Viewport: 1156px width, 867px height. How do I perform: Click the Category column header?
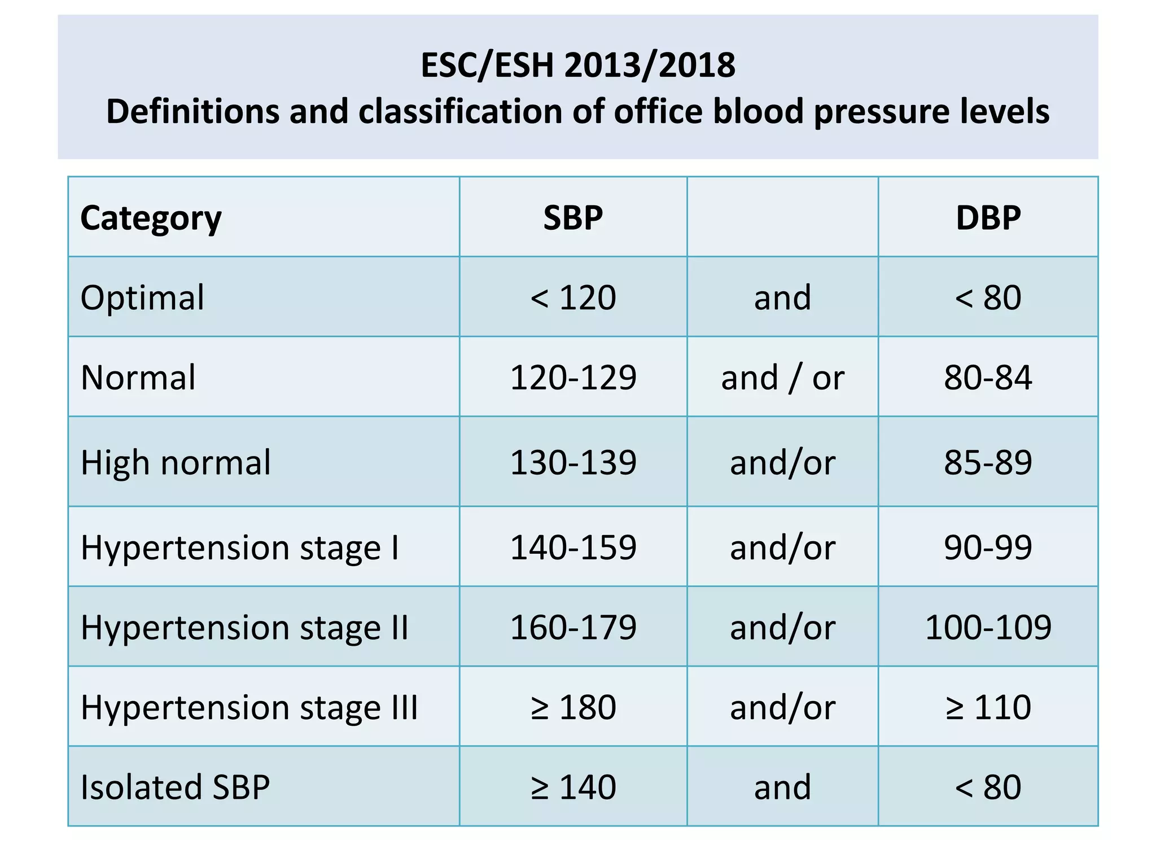[151, 218]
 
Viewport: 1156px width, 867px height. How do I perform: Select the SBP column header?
[573, 218]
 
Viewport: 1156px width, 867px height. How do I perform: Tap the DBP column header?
[988, 218]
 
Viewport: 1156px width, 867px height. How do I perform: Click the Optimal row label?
[142, 297]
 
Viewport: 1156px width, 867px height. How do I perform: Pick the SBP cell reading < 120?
[573, 297]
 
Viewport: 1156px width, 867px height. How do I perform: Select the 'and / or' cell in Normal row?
[782, 378]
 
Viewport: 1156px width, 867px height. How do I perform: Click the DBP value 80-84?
[988, 378]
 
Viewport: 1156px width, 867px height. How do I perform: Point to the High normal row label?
[176, 463]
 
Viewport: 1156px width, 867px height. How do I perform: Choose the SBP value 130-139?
[573, 463]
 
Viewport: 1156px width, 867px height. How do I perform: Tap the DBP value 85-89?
[988, 463]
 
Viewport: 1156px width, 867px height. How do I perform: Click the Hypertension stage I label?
[240, 548]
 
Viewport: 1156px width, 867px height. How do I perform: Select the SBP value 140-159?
[573, 548]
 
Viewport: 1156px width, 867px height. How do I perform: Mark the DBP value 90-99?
[988, 548]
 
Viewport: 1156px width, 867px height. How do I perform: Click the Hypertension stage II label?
[244, 628]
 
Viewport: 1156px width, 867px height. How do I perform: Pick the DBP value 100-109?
[988, 628]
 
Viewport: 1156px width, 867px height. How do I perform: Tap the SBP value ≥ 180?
[573, 707]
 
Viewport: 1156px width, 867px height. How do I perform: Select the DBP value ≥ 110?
[988, 707]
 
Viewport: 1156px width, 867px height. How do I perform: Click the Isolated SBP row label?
[175, 787]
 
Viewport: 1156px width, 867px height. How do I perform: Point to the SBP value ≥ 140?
[573, 787]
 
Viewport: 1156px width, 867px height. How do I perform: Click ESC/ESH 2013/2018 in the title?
[578, 65]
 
